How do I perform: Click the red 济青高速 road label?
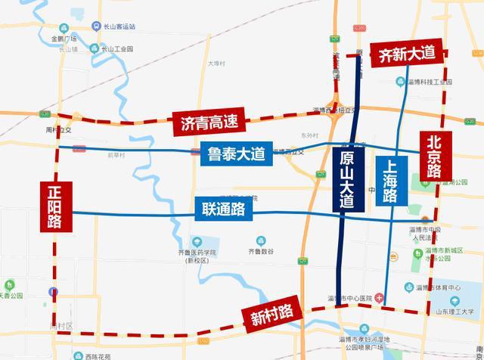pyautogui.click(x=203, y=123)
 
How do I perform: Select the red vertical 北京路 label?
pyautogui.click(x=433, y=157)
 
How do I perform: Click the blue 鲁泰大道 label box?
pyautogui.click(x=234, y=154)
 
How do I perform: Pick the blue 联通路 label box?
pyautogui.click(x=223, y=208)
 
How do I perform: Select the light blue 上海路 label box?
pyautogui.click(x=390, y=180)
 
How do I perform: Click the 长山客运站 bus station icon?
pyautogui.click(x=97, y=26)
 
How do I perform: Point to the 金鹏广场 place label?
pyautogui.click(x=65, y=38)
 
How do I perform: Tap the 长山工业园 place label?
pyautogui.click(x=117, y=49)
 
